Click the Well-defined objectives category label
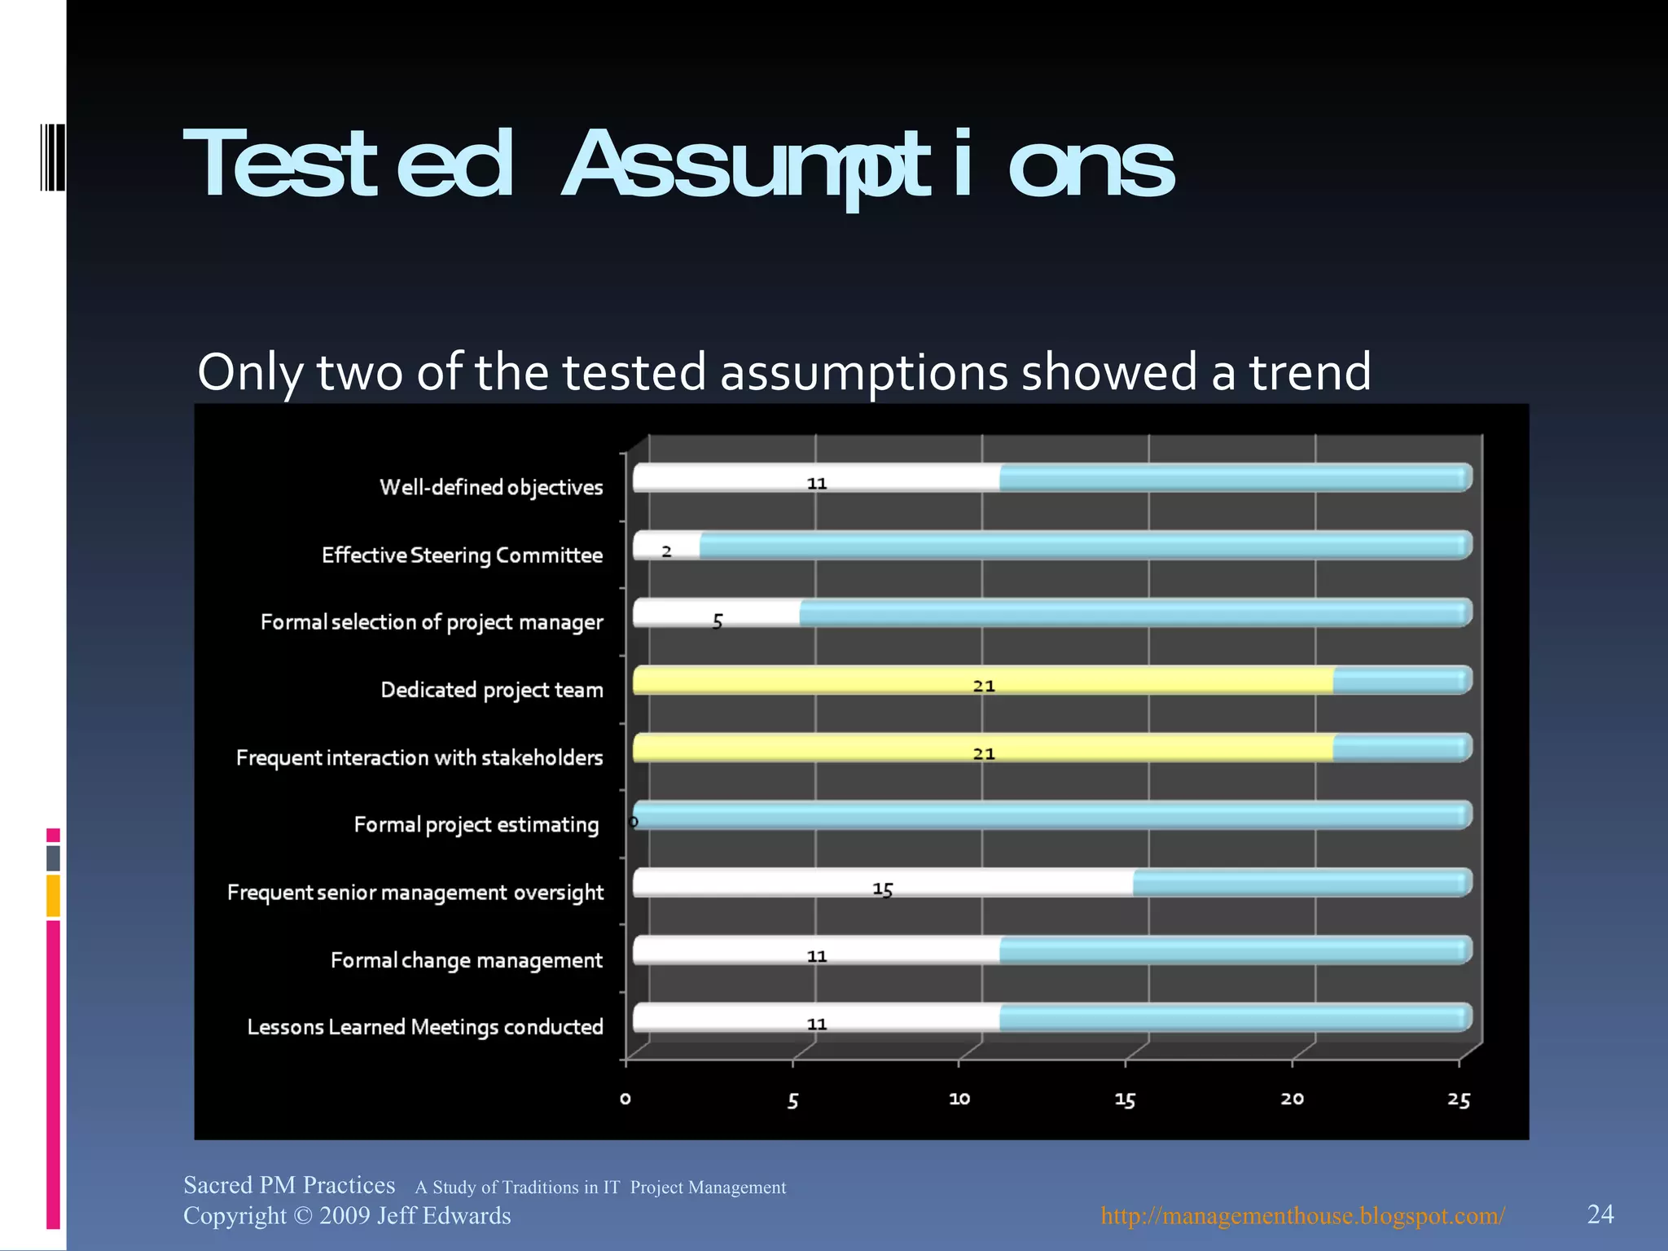tap(491, 487)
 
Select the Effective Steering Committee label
tap(462, 555)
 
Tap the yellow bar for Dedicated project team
tap(982, 680)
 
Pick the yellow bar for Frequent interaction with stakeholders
tap(982, 748)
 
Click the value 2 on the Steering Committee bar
tap(666, 551)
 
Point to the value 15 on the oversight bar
tap(883, 889)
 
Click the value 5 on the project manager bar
tap(718, 621)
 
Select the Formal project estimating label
tap(476, 825)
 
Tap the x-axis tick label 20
tap(1292, 1099)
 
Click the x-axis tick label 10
tap(959, 1099)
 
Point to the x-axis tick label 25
tap(1459, 1100)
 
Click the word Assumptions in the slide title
tap(868, 165)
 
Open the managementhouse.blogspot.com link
tap(1302, 1215)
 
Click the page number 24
tap(1600, 1214)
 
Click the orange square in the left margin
tap(53, 895)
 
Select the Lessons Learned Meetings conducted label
tap(425, 1027)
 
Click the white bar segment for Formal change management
tap(816, 950)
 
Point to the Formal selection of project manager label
tap(432, 622)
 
